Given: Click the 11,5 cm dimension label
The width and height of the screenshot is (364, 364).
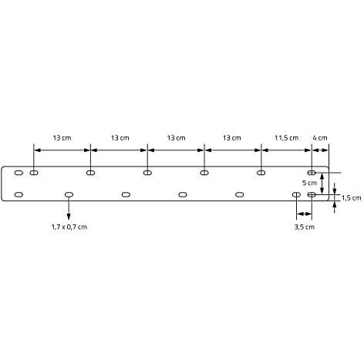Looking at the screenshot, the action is click(286, 138).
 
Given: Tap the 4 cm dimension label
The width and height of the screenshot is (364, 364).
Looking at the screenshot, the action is click(320, 138).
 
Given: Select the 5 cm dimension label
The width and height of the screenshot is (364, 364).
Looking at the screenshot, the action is click(309, 183).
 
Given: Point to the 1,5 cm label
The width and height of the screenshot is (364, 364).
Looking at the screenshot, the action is click(352, 198).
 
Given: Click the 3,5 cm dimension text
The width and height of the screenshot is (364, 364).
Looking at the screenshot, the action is click(305, 227).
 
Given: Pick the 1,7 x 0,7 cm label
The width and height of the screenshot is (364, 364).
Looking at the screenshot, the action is click(69, 227).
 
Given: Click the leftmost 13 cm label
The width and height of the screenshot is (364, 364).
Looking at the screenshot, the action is click(62, 138).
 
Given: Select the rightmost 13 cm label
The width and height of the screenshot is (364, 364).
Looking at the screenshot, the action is click(232, 138).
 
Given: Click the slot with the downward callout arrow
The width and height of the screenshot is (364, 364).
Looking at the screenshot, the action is click(69, 194).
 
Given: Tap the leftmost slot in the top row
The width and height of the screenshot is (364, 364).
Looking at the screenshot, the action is click(19, 173).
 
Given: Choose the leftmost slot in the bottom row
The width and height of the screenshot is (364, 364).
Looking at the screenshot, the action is click(19, 194).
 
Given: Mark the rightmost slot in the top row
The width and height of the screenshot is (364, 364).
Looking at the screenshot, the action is click(312, 173).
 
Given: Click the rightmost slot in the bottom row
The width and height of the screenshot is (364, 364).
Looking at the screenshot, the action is click(312, 194).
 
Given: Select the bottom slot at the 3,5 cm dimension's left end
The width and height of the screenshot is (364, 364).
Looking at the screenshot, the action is click(296, 194).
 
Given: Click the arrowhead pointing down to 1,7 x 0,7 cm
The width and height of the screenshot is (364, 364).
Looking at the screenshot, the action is click(69, 217).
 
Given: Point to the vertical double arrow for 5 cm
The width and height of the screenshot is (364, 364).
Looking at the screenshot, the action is click(322, 184).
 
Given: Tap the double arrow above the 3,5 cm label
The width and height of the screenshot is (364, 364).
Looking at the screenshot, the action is click(304, 214).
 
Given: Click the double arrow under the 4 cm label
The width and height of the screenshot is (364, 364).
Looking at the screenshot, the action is click(321, 150).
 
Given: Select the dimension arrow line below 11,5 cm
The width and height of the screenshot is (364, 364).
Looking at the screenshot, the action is click(286, 150).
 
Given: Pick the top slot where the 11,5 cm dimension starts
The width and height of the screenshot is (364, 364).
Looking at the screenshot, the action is click(261, 173).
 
